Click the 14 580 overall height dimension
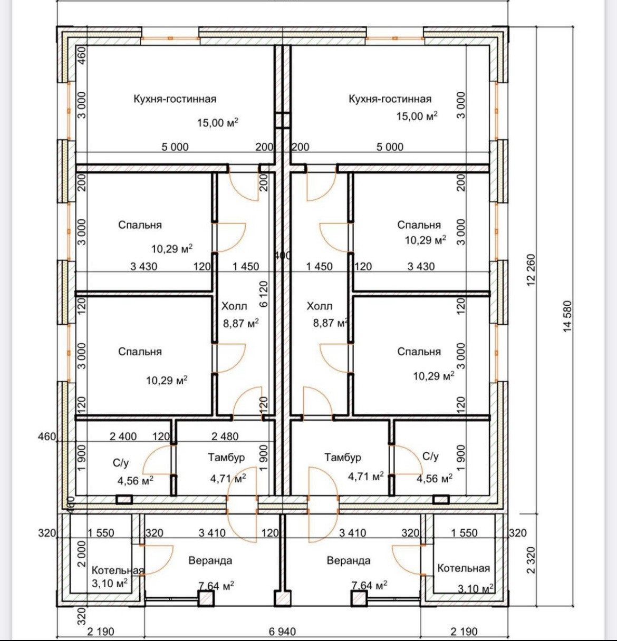pyautogui.click(x=567, y=316)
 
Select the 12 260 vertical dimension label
pyautogui.click(x=532, y=270)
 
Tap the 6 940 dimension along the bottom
pyautogui.click(x=283, y=632)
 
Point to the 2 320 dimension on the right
pyautogui.click(x=532, y=560)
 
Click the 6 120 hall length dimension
pyautogui.click(x=264, y=294)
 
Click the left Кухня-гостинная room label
pyautogui.click(x=175, y=99)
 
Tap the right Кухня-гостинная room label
pyautogui.click(x=390, y=99)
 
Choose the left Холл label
pyautogui.click(x=234, y=306)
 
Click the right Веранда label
pyautogui.click(x=349, y=560)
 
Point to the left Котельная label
pyautogui.click(x=118, y=570)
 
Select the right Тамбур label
pyautogui.click(x=343, y=457)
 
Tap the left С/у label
pyautogui.click(x=121, y=463)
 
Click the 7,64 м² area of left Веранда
pyautogui.click(x=216, y=585)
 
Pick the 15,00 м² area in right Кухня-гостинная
pyautogui.click(x=417, y=115)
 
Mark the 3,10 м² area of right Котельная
pyautogui.click(x=476, y=588)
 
